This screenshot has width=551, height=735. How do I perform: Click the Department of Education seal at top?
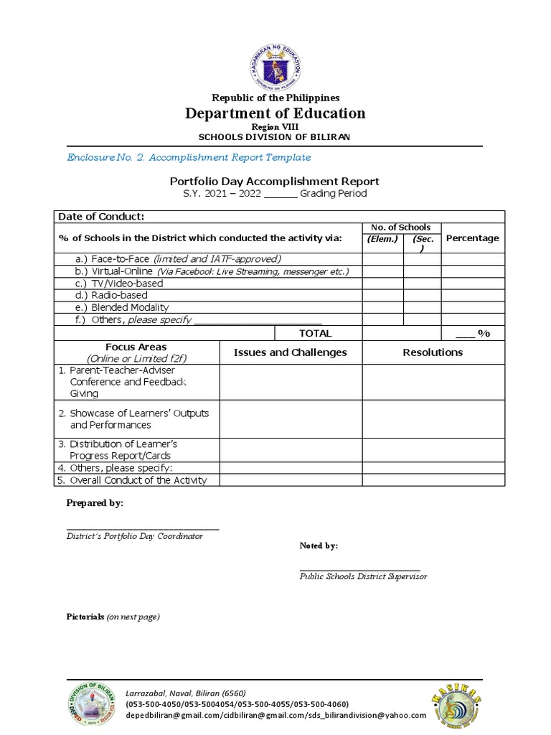click(275, 62)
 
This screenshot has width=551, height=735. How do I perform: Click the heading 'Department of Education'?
click(275, 113)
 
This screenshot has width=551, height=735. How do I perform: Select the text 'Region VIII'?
click(275, 126)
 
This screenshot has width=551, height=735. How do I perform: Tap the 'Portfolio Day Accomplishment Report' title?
click(274, 182)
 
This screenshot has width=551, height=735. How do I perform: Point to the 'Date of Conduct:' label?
click(101, 217)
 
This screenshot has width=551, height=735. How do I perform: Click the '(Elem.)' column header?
click(382, 239)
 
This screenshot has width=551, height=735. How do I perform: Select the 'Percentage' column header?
click(472, 238)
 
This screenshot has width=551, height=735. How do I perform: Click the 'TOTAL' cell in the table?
click(315, 333)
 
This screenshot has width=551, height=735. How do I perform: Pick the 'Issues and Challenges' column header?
click(290, 352)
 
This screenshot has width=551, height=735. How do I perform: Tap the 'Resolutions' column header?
click(433, 352)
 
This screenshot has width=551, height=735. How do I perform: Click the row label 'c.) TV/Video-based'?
click(119, 283)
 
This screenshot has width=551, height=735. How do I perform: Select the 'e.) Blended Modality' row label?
click(122, 307)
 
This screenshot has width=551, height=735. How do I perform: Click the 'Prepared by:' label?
click(95, 503)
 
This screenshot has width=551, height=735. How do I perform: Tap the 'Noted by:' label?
click(319, 546)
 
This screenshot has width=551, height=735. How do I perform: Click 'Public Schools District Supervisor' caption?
click(363, 576)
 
